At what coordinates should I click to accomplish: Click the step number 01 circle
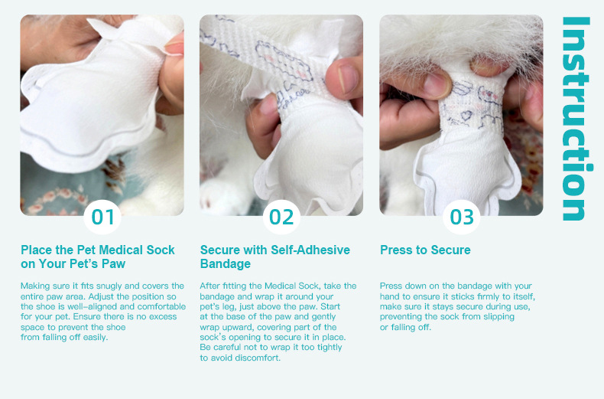(102, 217)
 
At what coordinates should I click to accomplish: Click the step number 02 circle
(281, 217)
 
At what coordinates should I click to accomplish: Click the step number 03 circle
(462, 217)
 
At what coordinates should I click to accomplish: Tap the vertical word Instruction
(576, 119)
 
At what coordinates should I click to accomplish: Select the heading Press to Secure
(425, 250)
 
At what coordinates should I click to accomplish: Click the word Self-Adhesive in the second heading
(310, 250)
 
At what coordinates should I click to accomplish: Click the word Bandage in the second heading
(226, 264)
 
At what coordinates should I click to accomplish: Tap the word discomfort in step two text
(258, 358)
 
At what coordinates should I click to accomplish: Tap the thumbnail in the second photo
(345, 78)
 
